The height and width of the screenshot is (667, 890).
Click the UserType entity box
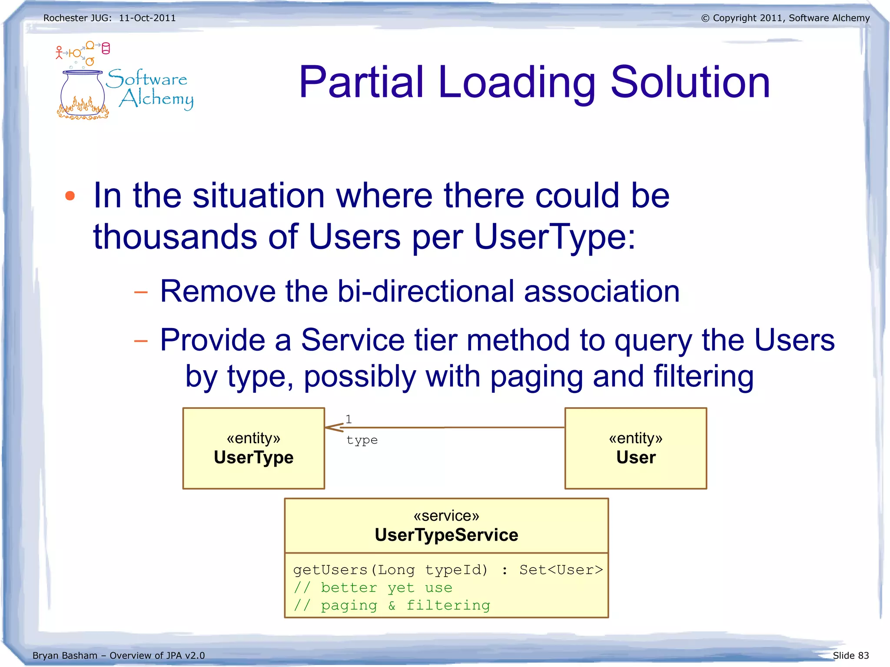pyautogui.click(x=253, y=448)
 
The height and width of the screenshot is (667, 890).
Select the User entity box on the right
pyautogui.click(x=635, y=448)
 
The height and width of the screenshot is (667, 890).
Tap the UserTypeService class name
pyautogui.click(x=446, y=535)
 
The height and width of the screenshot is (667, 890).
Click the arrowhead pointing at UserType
pyautogui.click(x=333, y=428)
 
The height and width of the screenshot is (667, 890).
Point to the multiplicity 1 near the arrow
pyautogui.click(x=349, y=419)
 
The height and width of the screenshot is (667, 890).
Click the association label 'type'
pyautogui.click(x=362, y=440)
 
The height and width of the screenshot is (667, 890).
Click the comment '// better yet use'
pyautogui.click(x=373, y=587)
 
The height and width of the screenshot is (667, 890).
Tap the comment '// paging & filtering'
pyautogui.click(x=392, y=605)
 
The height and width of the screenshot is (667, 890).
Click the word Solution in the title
pyautogui.click(x=690, y=82)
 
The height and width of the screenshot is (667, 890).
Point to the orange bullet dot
pyautogui.click(x=70, y=196)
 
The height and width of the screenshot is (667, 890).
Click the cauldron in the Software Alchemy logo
pyautogui.click(x=83, y=95)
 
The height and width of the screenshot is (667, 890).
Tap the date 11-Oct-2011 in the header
pyautogui.click(x=147, y=18)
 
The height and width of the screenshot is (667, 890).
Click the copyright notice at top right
pyautogui.click(x=785, y=18)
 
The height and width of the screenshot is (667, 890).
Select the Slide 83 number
pyautogui.click(x=850, y=655)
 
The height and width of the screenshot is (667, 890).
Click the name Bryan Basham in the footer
pyautogui.click(x=65, y=655)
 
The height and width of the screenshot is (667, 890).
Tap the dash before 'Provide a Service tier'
pyautogui.click(x=141, y=341)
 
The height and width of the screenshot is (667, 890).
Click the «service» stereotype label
pyautogui.click(x=446, y=516)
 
